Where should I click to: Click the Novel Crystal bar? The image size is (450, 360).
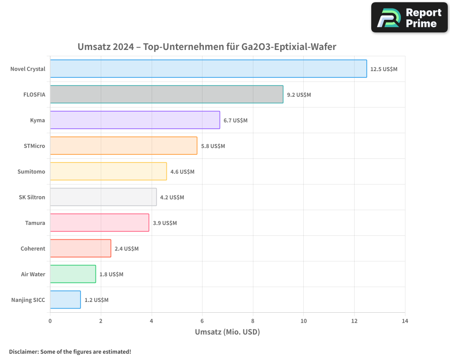[x=208, y=69]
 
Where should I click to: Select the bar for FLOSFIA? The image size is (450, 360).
[x=166, y=94]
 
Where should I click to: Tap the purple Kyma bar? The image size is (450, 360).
[x=135, y=120]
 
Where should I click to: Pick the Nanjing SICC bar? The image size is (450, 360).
[x=65, y=300]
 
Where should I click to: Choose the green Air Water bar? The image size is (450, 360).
[x=73, y=274]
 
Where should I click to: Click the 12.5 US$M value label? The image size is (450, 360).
[x=384, y=69]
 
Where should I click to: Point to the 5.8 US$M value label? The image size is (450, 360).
[x=213, y=146]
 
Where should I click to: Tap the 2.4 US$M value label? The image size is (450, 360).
[x=126, y=248]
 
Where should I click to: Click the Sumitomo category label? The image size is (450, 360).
[x=31, y=171]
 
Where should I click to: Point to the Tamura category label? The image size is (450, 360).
[x=35, y=223]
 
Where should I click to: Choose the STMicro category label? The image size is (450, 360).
[x=34, y=146]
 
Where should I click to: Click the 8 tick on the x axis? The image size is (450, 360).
[x=253, y=321]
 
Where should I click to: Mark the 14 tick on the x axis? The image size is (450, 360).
[x=405, y=321]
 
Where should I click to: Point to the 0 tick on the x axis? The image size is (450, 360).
[x=50, y=321]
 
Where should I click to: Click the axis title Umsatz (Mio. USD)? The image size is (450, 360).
[x=227, y=332]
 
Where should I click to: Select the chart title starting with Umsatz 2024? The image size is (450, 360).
[x=207, y=47]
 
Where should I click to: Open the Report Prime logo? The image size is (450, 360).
[x=409, y=18]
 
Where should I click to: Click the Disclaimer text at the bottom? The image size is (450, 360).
[x=70, y=351]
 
